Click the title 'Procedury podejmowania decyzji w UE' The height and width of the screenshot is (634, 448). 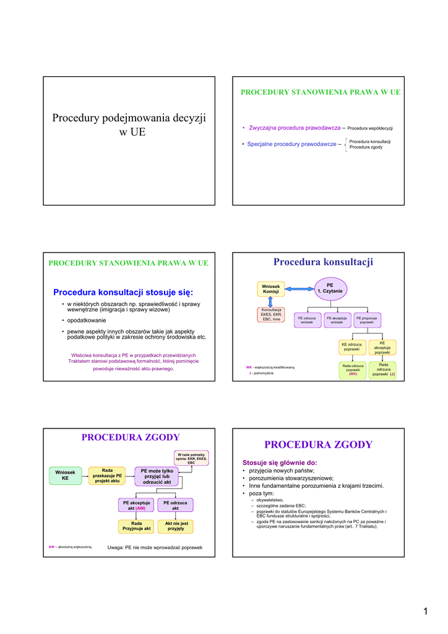(129, 124)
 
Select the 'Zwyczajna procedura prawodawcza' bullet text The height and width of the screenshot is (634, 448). (295, 128)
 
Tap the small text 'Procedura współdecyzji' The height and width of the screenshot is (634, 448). (370, 128)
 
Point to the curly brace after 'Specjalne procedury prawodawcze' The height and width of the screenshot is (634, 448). (345, 145)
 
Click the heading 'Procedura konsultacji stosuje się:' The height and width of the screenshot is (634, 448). (123, 292)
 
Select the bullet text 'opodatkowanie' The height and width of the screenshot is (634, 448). (87, 320)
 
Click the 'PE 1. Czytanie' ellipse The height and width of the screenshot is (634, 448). (330, 288)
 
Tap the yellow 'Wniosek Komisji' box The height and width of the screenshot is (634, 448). (271, 289)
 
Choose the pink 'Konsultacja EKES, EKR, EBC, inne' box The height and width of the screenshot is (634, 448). (271, 315)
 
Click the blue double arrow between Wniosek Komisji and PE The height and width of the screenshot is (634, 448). (299, 289)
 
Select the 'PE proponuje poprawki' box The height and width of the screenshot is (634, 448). (367, 319)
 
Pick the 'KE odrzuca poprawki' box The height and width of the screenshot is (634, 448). (351, 347)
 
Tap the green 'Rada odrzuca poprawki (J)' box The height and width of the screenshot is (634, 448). (383, 370)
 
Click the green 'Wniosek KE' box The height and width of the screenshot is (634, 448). (65, 475)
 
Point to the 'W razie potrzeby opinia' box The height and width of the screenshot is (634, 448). (191, 458)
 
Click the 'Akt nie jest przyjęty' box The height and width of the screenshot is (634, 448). (175, 526)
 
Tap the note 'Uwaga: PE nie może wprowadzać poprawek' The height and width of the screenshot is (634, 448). (155, 547)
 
